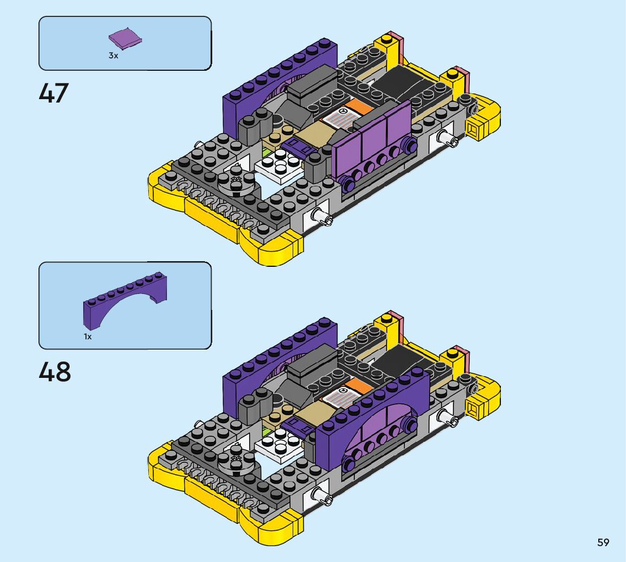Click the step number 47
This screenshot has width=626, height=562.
click(54, 93)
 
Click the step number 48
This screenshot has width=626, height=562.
click(55, 372)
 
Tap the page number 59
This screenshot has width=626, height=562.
click(603, 542)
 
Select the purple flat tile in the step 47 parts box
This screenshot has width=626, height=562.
click(125, 39)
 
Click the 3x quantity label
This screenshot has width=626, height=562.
click(113, 56)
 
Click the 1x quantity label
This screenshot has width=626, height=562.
click(88, 337)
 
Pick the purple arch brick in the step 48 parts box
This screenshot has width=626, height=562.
click(125, 301)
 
